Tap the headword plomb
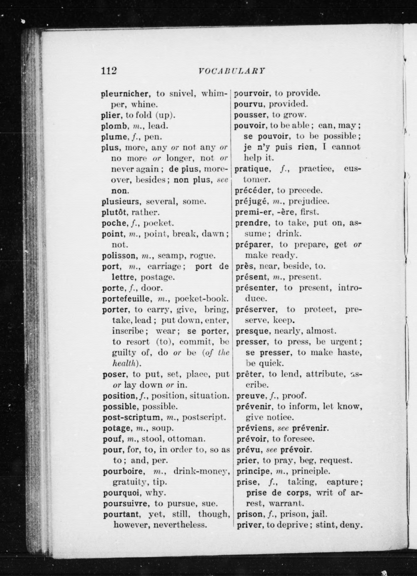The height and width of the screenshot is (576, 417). point(114,126)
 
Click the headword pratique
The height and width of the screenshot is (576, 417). point(251,169)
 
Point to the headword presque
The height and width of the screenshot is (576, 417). point(252,331)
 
